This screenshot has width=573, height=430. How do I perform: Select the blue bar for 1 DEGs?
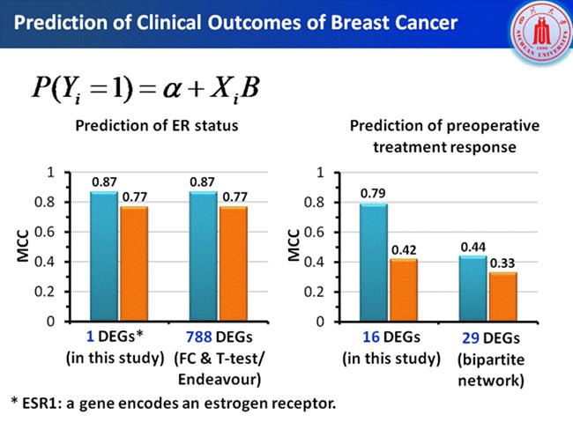pos(104,256)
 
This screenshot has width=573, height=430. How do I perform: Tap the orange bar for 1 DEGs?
pos(133,263)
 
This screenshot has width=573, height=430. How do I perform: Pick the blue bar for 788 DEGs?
pos(202,256)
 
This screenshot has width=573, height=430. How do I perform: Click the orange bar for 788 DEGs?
pos(232,263)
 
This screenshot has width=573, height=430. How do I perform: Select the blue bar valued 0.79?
pos(373,262)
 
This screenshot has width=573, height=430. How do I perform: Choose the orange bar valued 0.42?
pos(403,289)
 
